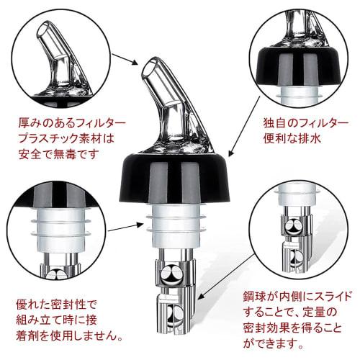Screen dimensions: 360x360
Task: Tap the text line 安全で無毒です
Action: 57,153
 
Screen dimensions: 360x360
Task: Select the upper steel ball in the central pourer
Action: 174,274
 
